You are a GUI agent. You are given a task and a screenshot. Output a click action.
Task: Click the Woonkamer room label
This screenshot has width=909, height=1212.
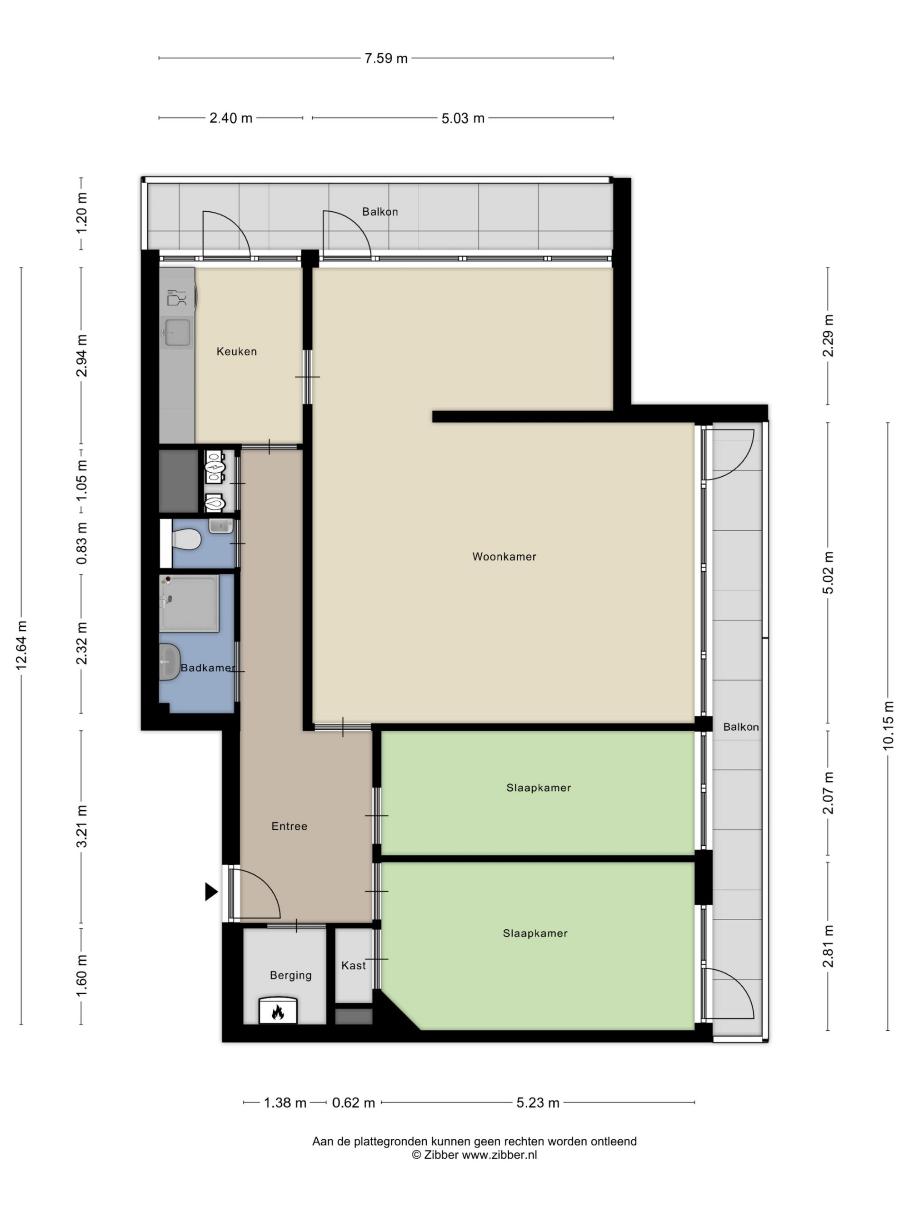tap(504, 557)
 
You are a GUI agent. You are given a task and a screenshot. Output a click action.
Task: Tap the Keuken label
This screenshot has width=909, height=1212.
tap(237, 352)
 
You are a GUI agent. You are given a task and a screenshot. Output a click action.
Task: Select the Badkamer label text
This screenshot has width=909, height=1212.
tap(207, 668)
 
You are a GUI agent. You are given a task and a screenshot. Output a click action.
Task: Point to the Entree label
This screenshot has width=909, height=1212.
tap(290, 826)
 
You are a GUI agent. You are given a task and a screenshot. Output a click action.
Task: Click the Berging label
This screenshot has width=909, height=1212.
tap(290, 975)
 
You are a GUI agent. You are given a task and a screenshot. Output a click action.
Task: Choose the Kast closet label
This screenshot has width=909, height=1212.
tap(354, 965)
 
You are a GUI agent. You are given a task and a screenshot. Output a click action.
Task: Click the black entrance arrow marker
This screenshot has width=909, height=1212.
tap(211, 892)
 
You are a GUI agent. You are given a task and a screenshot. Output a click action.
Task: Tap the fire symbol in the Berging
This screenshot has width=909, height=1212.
tap(278, 1012)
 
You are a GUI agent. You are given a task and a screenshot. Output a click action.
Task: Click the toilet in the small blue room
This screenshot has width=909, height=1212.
tap(186, 539)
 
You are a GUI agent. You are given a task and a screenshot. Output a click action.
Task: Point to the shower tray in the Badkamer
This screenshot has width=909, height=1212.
tap(189, 603)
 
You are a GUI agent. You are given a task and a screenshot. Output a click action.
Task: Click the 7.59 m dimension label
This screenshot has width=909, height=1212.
tap(386, 59)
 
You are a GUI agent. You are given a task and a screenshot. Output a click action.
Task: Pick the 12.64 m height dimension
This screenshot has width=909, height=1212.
tap(21, 645)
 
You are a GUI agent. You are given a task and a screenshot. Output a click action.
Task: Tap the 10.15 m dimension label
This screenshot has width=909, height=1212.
tap(888, 725)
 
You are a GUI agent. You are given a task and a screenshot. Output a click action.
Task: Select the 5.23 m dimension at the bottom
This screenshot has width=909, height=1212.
tap(538, 1103)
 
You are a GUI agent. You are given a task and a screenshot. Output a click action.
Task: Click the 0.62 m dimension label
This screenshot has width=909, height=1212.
tap(354, 1103)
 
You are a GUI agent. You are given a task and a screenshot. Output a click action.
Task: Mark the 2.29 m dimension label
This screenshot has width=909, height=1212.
tap(828, 336)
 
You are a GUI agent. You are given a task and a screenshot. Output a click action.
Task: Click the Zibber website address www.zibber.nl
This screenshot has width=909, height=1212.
tap(499, 1155)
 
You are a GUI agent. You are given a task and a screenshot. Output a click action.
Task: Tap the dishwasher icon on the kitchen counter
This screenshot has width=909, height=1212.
tap(176, 298)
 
